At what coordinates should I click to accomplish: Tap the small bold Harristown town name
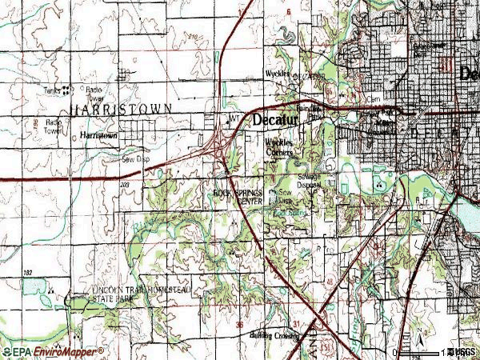(98, 136)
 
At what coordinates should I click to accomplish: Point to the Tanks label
(54, 90)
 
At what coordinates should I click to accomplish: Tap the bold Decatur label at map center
(275, 120)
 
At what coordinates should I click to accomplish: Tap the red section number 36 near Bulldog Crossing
(239, 324)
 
